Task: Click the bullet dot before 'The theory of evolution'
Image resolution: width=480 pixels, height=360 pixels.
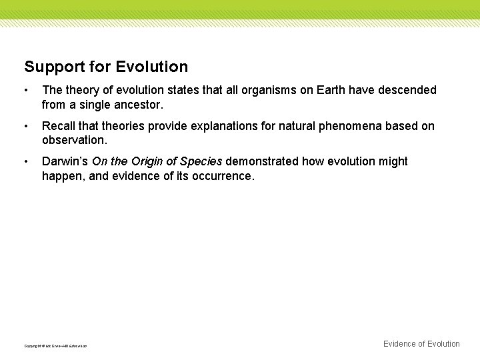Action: pyautogui.click(x=26, y=90)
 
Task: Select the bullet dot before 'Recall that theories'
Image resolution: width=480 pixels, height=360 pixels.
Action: pyautogui.click(x=26, y=126)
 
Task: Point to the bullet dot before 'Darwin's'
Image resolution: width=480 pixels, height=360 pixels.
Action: pyautogui.click(x=26, y=162)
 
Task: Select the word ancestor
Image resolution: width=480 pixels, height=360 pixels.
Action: pyautogui.click(x=139, y=105)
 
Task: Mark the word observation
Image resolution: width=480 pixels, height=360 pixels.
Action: pyautogui.click(x=74, y=141)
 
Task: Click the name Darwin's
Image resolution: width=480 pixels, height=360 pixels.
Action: pyautogui.click(x=65, y=161)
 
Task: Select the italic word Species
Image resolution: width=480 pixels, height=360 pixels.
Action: pyautogui.click(x=201, y=161)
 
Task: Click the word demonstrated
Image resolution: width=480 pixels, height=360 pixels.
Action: pyautogui.click(x=263, y=161)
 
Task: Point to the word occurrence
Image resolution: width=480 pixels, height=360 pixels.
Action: pyautogui.click(x=220, y=177)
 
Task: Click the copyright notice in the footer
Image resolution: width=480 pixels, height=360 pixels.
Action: pyautogui.click(x=55, y=345)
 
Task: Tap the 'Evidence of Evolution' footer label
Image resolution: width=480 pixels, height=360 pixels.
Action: pyautogui.click(x=421, y=344)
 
